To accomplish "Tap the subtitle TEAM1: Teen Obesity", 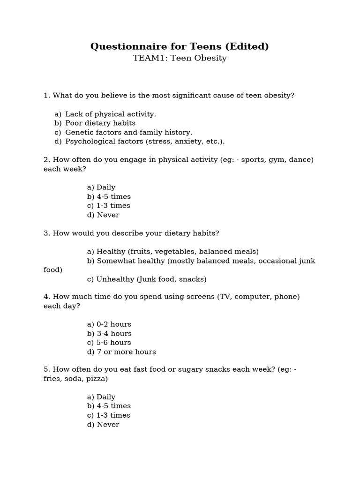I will tap(180, 59).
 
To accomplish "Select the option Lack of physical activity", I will tap(110, 114).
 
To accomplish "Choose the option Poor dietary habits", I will tap(100, 123).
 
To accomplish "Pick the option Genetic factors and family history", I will tap(128, 132).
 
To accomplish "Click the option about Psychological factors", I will tap(145, 141).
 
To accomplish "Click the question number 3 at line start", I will tap(46, 233).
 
